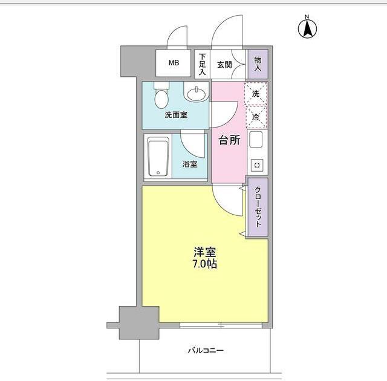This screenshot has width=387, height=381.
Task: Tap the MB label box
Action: [x=174, y=63]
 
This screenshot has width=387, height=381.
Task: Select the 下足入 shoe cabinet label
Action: [x=203, y=63]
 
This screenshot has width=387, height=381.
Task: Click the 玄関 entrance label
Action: [x=224, y=63]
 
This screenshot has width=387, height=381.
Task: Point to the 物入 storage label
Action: [x=258, y=63]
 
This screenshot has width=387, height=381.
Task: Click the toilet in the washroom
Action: [x=160, y=95]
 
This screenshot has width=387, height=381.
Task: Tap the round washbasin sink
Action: [x=195, y=94]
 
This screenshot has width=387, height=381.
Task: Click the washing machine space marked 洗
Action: [x=256, y=94]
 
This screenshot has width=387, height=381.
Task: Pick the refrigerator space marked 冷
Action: [x=256, y=117]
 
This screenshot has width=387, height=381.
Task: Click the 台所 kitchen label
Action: [x=229, y=141]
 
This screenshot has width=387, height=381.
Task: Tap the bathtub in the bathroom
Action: [x=158, y=157]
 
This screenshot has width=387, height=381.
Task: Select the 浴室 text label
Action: [x=189, y=163]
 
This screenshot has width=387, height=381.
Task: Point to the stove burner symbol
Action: [x=256, y=164]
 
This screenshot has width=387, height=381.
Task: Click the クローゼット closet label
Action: [x=257, y=206]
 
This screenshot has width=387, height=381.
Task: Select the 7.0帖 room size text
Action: [x=205, y=264]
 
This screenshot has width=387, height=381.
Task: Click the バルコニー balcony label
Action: [x=206, y=350]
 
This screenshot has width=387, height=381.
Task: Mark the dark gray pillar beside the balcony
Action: [x=138, y=322]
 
